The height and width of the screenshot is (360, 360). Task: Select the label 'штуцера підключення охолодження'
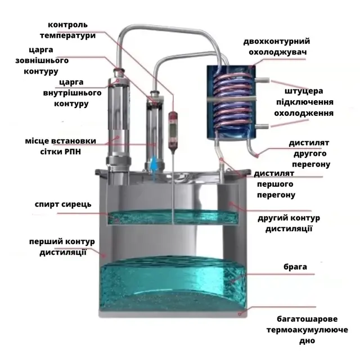[304, 102]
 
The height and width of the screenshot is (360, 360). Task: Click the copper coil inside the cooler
[231, 101]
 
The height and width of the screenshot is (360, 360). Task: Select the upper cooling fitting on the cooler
[262, 79]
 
